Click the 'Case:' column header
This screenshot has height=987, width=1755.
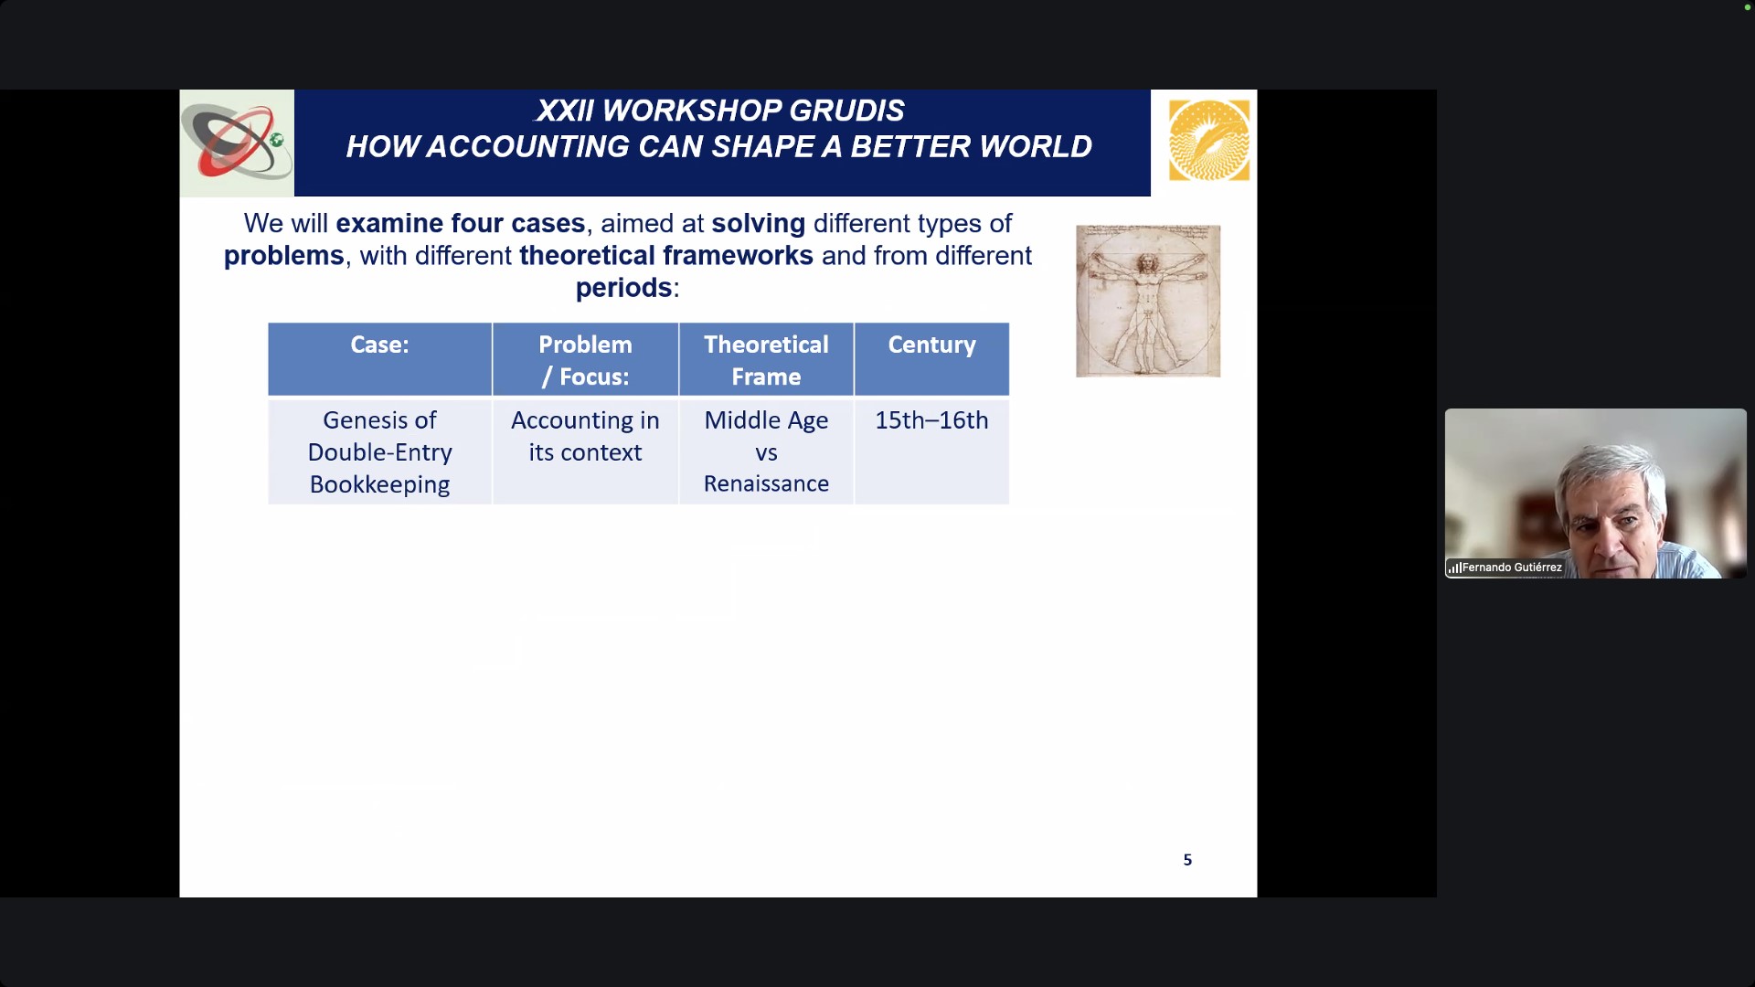379,358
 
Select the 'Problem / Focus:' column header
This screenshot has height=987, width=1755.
585,358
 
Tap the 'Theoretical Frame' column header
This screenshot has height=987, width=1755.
766,358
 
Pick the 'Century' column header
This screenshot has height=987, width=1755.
931,358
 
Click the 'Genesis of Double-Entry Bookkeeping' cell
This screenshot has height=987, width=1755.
379,451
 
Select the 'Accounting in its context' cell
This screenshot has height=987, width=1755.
585,451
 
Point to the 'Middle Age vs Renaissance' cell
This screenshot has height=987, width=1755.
766,451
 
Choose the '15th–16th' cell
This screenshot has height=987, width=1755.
931,451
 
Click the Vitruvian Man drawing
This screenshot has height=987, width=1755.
1148,301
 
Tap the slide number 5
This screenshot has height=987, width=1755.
1187,860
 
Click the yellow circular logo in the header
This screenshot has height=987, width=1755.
1209,141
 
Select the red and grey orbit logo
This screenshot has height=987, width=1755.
237,143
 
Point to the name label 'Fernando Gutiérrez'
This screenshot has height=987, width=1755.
1512,568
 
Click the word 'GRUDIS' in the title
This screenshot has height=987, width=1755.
846,111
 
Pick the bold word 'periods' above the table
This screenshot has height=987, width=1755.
623,288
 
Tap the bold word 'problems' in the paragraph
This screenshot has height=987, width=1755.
284,256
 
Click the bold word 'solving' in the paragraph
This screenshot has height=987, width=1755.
759,224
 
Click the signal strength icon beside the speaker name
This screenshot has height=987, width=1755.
1454,568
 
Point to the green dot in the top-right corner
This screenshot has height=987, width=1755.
1747,7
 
